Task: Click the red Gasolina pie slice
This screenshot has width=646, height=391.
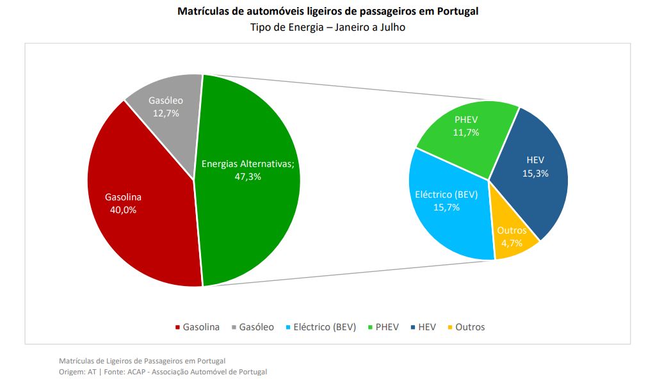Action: [141, 230]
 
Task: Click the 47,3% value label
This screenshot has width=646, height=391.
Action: [248, 177]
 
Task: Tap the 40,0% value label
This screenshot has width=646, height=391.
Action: [124, 209]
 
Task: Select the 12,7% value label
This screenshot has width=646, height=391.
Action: [166, 113]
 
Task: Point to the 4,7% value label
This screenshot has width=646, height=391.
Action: [512, 243]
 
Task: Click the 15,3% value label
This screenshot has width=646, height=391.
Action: [535, 173]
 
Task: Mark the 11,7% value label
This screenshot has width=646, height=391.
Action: [466, 132]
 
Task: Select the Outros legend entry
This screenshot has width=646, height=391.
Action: [470, 327]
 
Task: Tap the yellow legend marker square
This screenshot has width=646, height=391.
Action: [450, 328]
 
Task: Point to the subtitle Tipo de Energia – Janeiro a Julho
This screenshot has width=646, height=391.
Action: [327, 28]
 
